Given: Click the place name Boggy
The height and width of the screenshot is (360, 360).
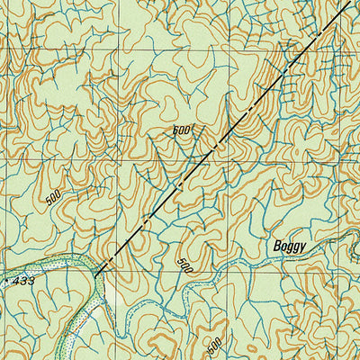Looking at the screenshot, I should [x=291, y=246].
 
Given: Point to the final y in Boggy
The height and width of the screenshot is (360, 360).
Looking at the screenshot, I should [x=306, y=247].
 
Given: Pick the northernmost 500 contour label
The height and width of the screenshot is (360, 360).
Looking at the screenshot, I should [x=184, y=130].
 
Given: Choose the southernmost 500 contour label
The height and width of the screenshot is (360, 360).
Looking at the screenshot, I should [x=214, y=345].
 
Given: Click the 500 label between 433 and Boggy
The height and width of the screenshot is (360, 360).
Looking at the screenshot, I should [x=185, y=265].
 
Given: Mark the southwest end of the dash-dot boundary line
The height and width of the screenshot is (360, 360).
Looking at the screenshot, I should [x=95, y=271].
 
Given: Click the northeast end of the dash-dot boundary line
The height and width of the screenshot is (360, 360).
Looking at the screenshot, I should [x=349, y=2].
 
